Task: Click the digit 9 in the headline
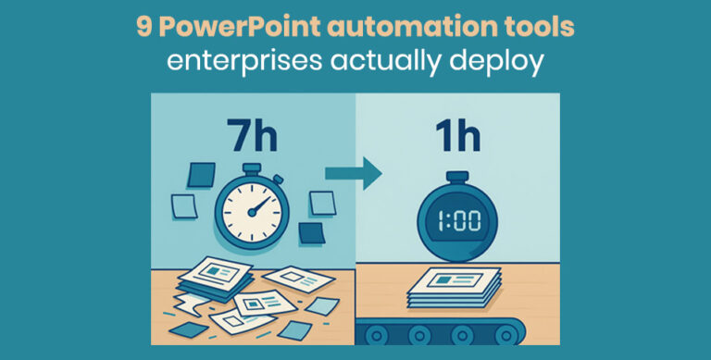click(143, 26)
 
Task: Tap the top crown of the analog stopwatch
click(251, 159)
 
